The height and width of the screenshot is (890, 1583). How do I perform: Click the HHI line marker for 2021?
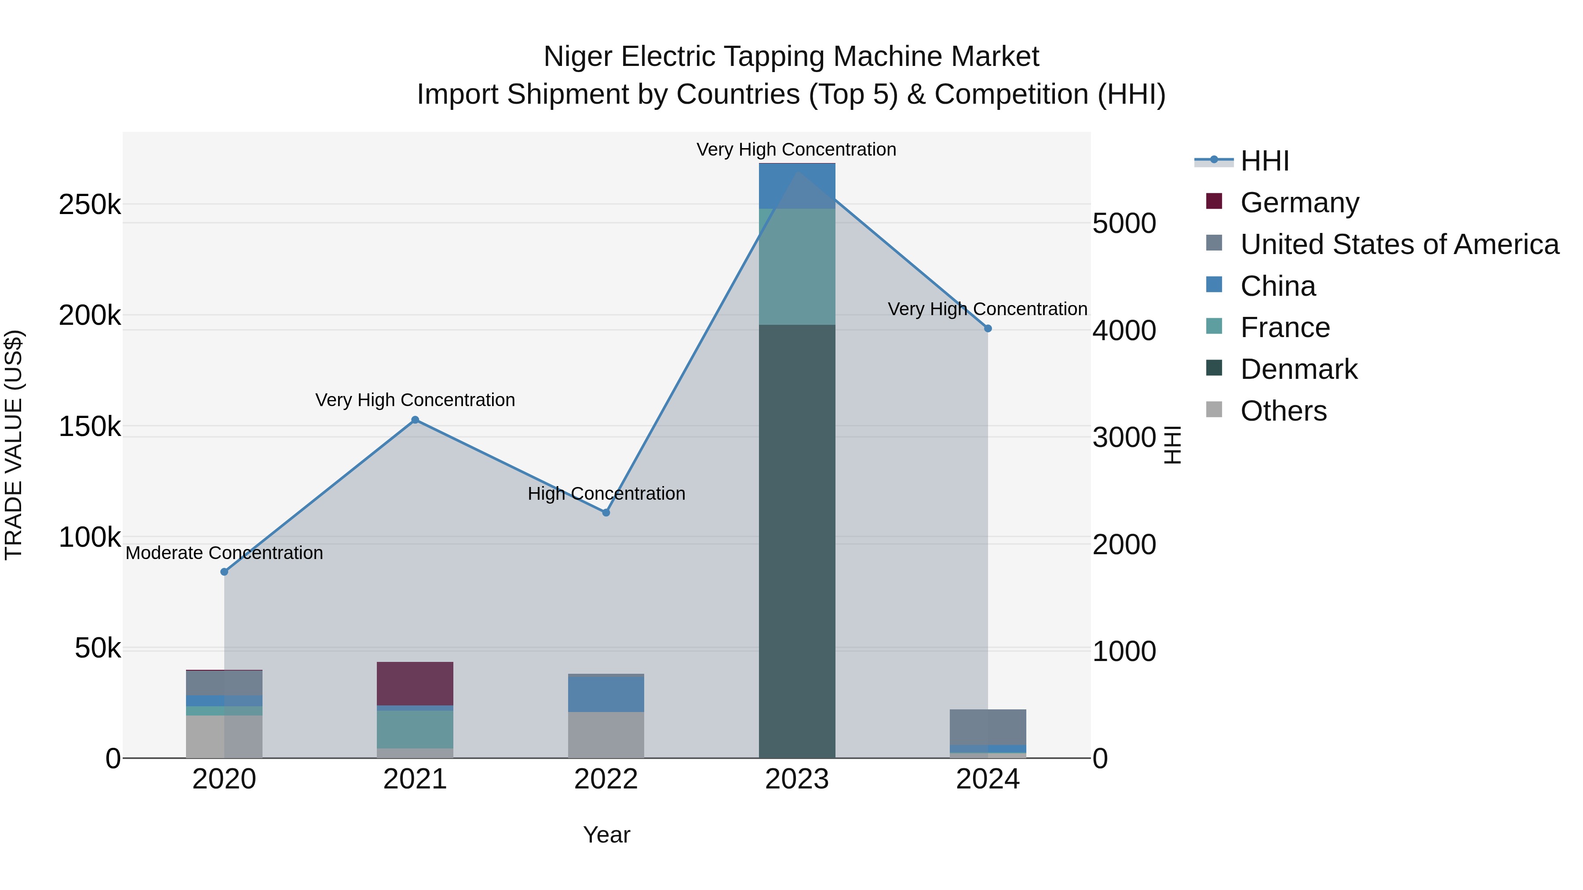coord(415,420)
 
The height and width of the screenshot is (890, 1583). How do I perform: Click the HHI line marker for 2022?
coord(606,512)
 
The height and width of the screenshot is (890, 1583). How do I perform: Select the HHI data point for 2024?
coord(988,329)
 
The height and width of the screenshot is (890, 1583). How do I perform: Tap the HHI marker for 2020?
coord(224,572)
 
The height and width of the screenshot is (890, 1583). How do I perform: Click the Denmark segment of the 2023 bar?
coord(797,541)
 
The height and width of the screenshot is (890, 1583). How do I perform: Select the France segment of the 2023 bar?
coord(797,267)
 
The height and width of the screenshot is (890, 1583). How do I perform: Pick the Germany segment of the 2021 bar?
coord(415,683)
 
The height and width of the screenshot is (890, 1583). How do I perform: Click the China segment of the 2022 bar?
coord(606,694)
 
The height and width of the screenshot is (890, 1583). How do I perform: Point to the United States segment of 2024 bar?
coord(988,727)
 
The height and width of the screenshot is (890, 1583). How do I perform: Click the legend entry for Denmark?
coord(1298,370)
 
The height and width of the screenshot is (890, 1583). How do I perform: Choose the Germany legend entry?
coord(1299,203)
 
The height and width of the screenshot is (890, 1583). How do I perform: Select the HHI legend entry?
coord(1264,161)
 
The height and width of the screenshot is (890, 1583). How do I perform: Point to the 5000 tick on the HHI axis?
coord(1124,224)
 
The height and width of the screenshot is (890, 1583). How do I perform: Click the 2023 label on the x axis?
coord(797,779)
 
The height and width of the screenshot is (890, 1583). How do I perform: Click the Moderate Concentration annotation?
coord(224,553)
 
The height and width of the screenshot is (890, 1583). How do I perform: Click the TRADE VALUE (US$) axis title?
coord(14,445)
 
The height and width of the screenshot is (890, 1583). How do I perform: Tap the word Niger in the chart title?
coord(578,57)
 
